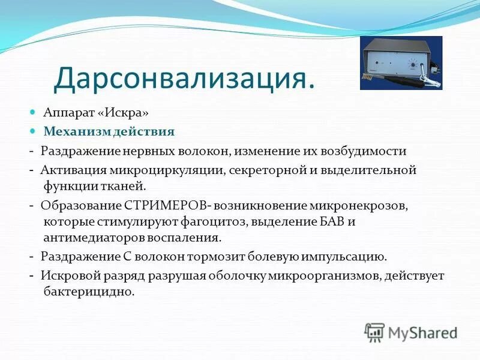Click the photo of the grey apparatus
click(x=401, y=62)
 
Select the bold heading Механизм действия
click(x=109, y=131)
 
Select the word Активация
click(x=69, y=170)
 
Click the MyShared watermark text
click(x=422, y=332)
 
